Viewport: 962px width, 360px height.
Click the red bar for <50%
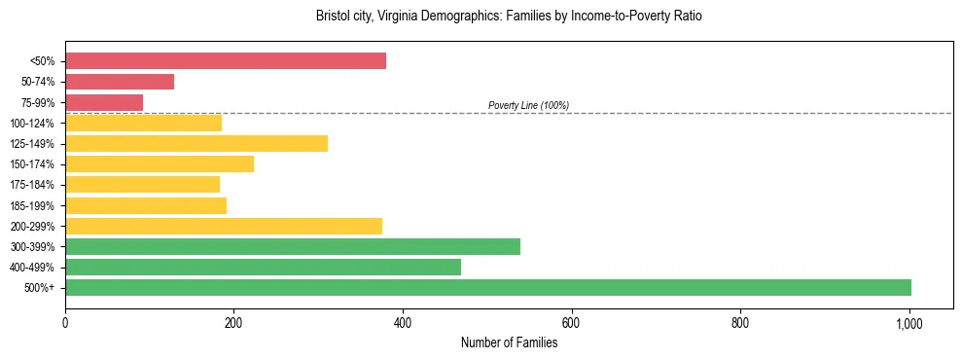point(225,61)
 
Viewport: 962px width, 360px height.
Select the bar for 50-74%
point(120,82)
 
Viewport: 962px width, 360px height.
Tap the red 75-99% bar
point(104,102)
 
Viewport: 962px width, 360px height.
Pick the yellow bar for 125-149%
point(196,144)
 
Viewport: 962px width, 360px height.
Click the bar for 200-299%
point(224,226)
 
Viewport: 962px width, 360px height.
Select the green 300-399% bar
point(293,246)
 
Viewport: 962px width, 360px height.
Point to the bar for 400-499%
point(263,267)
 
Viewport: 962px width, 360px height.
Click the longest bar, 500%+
point(488,287)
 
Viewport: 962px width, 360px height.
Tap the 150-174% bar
point(160,164)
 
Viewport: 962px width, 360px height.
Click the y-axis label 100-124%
point(32,124)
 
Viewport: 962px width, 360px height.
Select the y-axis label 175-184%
point(32,185)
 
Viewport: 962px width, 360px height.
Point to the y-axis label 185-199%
point(32,205)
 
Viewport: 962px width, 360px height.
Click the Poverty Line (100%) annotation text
point(528,105)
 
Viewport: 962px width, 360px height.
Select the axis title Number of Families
point(509,342)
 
